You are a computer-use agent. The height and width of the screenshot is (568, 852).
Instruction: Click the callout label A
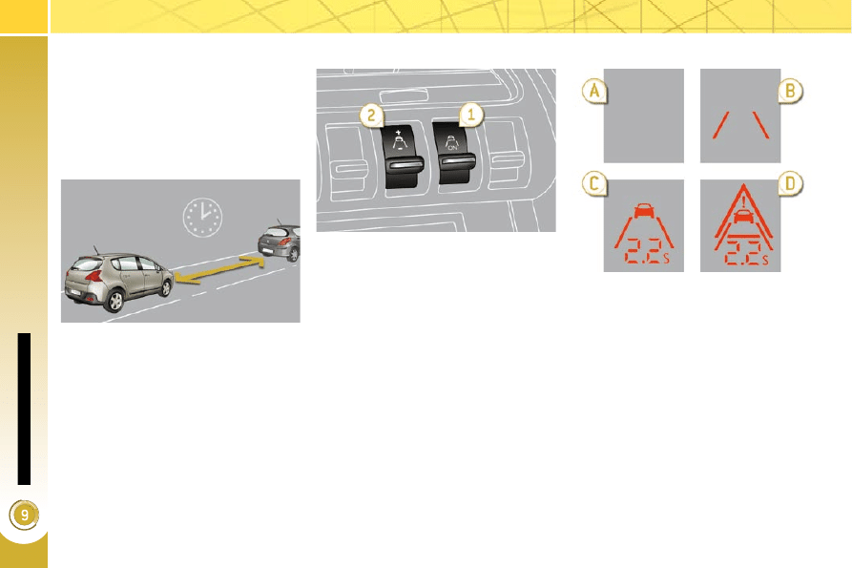594,91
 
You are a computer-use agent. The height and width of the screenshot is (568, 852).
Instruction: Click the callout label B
790,91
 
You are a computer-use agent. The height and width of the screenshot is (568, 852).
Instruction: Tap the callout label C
594,183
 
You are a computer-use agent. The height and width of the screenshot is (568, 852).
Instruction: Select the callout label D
790,183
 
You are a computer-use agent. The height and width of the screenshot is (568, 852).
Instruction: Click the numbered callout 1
471,115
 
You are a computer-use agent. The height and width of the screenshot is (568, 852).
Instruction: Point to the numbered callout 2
372,116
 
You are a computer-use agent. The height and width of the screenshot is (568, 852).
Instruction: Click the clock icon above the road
202,217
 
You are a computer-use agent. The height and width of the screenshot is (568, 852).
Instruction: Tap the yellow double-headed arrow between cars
219,269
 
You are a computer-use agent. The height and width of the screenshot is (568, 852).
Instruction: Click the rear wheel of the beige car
114,301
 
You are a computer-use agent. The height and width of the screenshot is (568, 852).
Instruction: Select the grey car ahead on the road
280,242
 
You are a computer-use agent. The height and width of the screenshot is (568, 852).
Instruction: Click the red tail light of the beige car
94,276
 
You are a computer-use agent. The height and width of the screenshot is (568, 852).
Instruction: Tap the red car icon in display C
644,211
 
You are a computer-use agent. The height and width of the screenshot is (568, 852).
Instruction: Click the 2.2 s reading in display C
647,251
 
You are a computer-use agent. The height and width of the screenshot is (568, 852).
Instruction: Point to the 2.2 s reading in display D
747,253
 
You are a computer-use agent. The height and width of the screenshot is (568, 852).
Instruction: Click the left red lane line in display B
721,125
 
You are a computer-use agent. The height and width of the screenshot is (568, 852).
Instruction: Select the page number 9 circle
24,515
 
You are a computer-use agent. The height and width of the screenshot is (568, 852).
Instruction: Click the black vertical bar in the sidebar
24,409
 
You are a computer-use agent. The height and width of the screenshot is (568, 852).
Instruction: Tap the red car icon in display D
743,216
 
